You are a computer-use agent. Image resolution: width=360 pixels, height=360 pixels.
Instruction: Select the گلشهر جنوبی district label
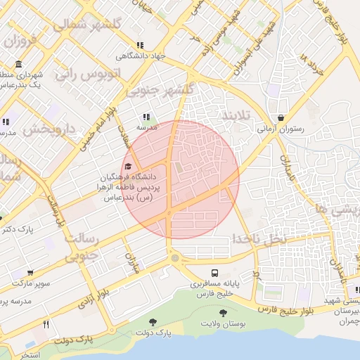click(x=158, y=90)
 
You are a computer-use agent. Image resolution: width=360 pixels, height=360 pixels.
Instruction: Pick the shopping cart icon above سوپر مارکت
click(x=30, y=272)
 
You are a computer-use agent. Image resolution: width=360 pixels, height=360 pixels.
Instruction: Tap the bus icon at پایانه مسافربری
click(x=214, y=273)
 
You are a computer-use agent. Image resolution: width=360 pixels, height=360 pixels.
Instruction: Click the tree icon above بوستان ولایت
click(x=223, y=313)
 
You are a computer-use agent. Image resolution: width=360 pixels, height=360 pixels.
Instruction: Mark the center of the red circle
click(x=180, y=179)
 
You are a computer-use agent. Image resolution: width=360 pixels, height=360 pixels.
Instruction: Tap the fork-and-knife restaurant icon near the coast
click(x=46, y=324)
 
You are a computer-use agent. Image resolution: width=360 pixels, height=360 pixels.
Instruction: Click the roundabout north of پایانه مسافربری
click(x=174, y=258)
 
